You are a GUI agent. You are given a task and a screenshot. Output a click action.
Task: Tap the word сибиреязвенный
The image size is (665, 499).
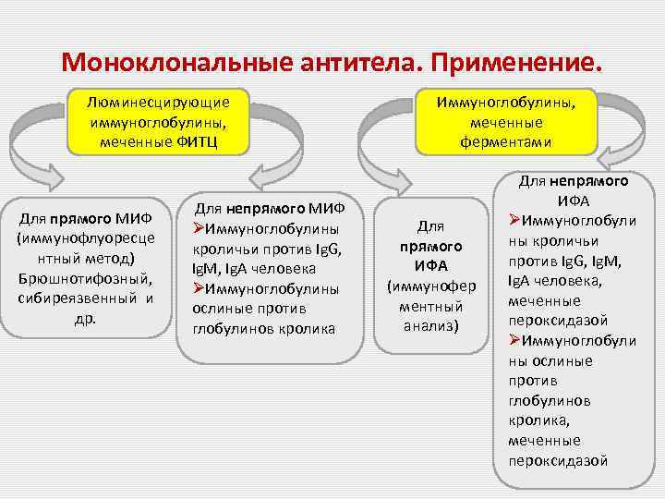tap(72, 298)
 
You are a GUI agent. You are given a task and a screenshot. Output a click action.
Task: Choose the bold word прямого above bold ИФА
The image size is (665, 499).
tap(430, 248)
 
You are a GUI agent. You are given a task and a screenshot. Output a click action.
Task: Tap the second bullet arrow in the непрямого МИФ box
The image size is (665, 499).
tap(199, 288)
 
